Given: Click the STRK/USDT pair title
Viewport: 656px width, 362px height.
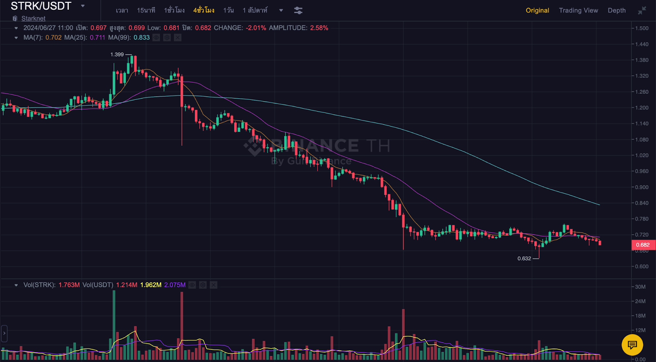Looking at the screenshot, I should coord(41,6).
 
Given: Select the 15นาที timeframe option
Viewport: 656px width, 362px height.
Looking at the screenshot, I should coord(146,10).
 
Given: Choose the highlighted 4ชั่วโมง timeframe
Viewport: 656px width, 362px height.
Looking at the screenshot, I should coord(204,10).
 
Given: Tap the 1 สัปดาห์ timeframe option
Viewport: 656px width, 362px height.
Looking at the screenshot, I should coord(255,10).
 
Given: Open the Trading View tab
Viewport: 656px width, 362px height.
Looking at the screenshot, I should coord(578,10).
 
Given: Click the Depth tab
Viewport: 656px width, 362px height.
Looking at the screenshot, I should coord(617,10).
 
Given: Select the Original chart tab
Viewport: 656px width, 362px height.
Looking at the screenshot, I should coord(537,10).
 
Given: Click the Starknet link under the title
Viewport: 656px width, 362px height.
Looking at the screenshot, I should coord(33,18).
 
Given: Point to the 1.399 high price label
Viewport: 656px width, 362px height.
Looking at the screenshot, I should coord(117,54).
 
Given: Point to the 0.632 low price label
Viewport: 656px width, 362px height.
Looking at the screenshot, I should coord(524,258).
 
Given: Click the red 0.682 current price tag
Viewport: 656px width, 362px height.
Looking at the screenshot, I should coord(642,245).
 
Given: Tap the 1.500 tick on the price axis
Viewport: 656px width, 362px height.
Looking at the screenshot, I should coord(642,28).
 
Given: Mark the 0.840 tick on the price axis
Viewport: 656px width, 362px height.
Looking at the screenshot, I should coord(642,203).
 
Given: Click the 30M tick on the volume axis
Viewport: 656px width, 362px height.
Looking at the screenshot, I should coord(640,287).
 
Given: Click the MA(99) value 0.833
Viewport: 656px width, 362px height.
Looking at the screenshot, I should coord(141,37).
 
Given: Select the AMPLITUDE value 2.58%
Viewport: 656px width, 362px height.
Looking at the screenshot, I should coord(319,28).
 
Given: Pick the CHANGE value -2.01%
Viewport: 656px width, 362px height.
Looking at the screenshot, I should coord(256,28).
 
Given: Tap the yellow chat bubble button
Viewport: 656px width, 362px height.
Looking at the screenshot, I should coord(632,345).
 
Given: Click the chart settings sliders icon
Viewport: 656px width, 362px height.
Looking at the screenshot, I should coord(298,11).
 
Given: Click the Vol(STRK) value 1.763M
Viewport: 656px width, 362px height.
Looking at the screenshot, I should coord(69,285).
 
